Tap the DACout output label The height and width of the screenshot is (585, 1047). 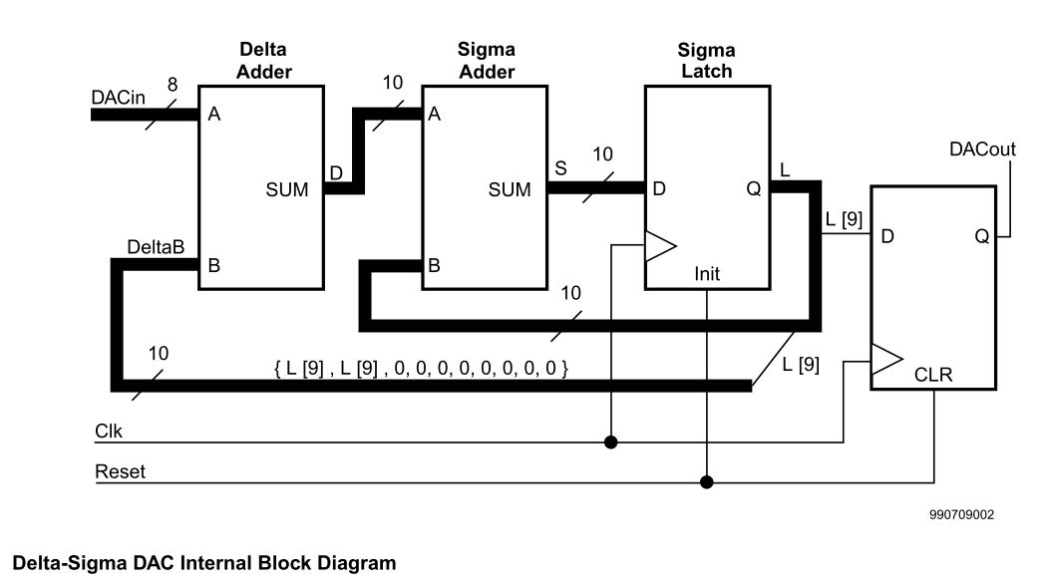[982, 149]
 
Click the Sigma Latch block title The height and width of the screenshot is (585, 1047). [705, 60]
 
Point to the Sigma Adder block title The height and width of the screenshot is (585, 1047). [486, 60]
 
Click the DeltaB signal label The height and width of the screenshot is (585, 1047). [156, 246]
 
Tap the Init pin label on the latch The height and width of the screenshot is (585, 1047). [706, 273]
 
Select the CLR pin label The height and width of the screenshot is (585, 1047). [932, 376]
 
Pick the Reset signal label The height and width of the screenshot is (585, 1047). [120, 472]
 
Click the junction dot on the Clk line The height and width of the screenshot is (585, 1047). [610, 441]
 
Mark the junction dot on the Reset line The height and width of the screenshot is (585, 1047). [706, 482]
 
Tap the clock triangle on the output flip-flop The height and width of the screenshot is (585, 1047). [885, 360]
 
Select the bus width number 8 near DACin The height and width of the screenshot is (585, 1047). [172, 87]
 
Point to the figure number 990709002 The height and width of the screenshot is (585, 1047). [959, 515]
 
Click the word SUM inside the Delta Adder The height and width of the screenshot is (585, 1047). [286, 189]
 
